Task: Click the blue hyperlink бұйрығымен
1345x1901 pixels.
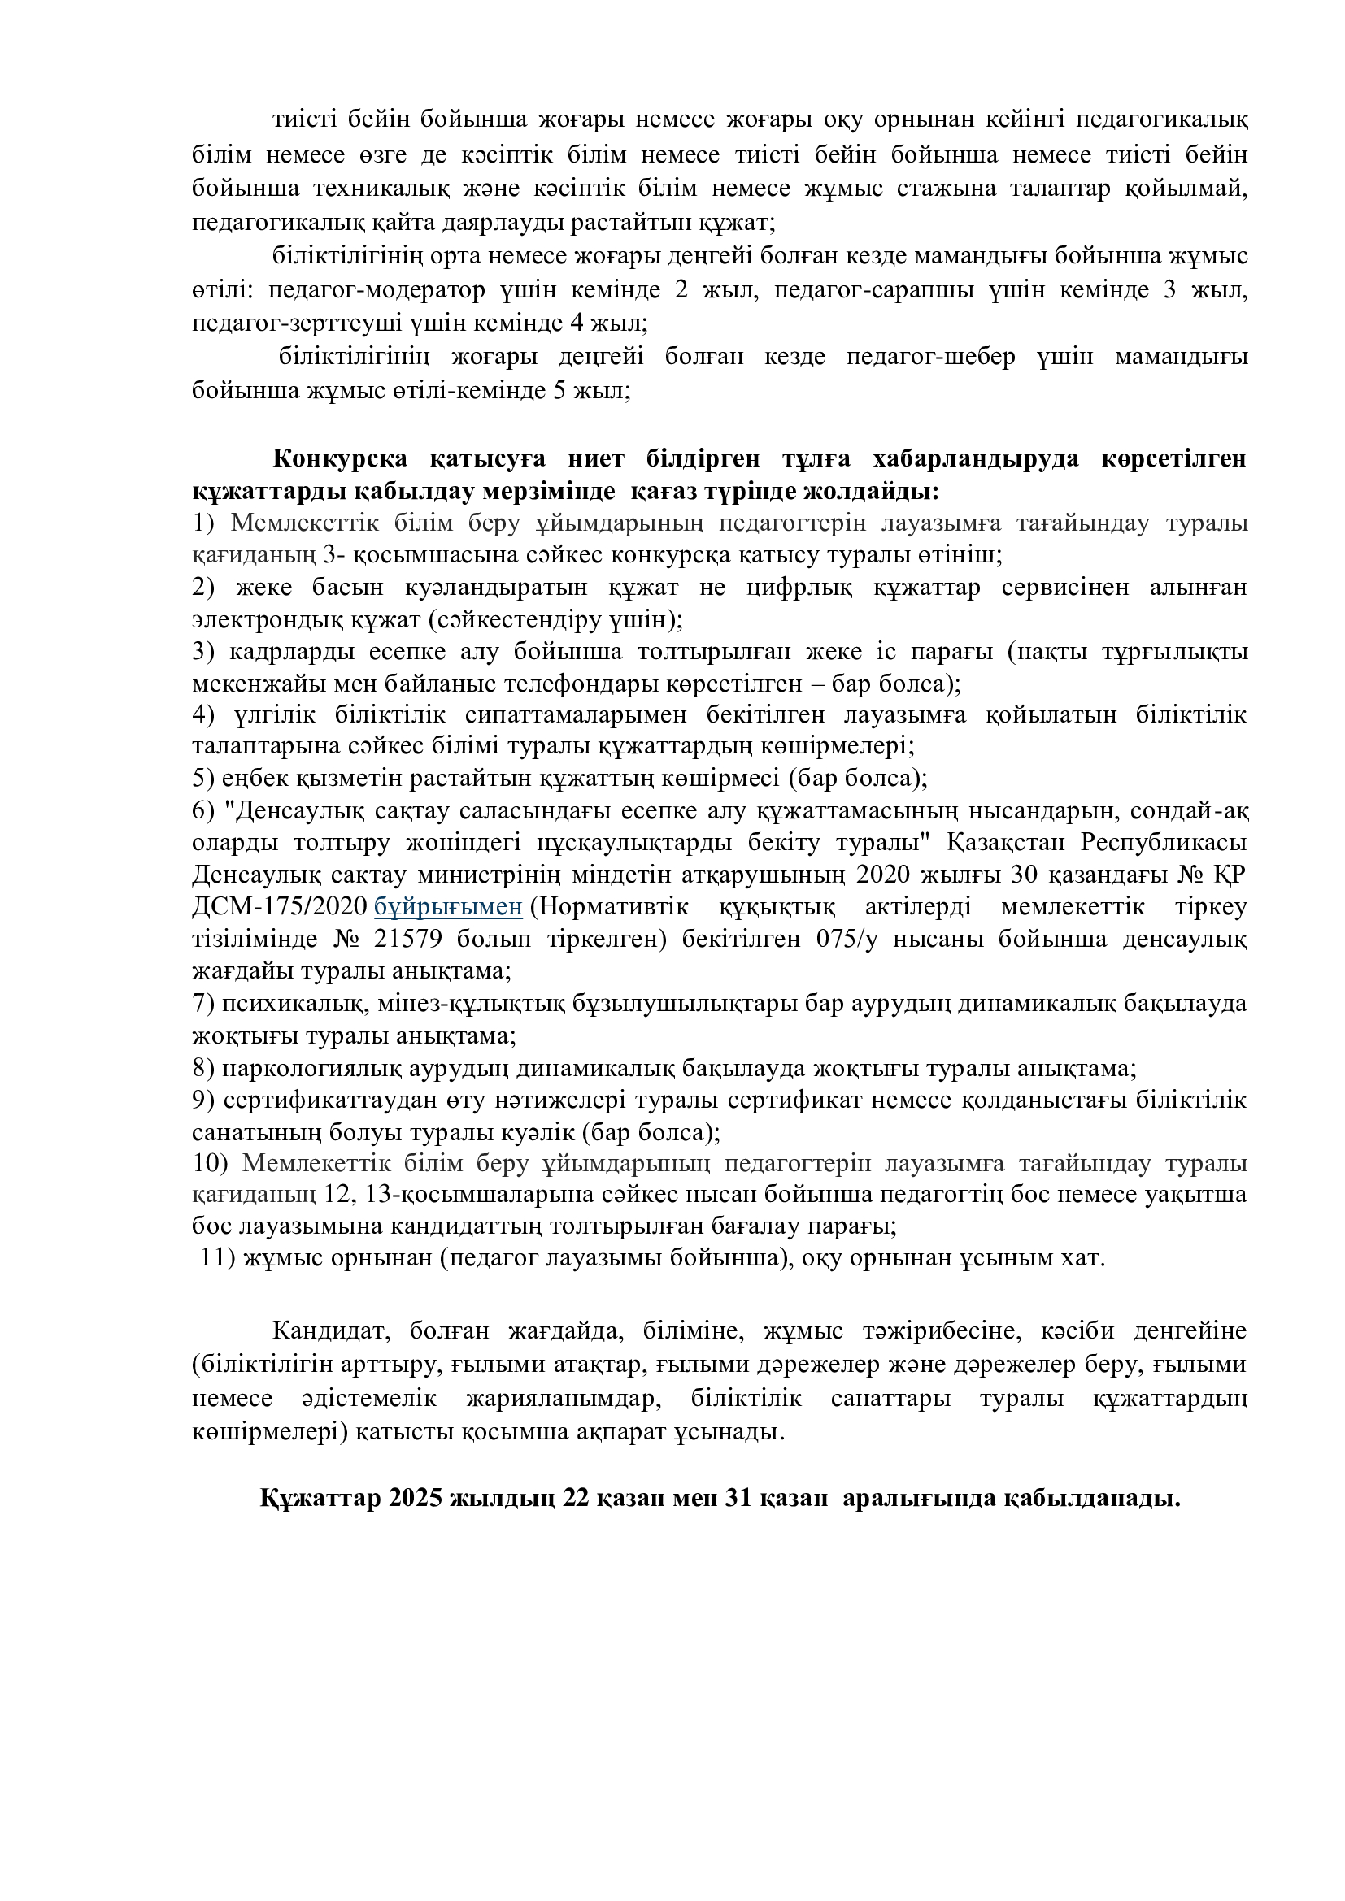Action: pyautogui.click(x=448, y=908)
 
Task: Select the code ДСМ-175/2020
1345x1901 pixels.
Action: pyautogui.click(x=279, y=908)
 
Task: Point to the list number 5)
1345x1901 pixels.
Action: pyautogui.click(x=204, y=779)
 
